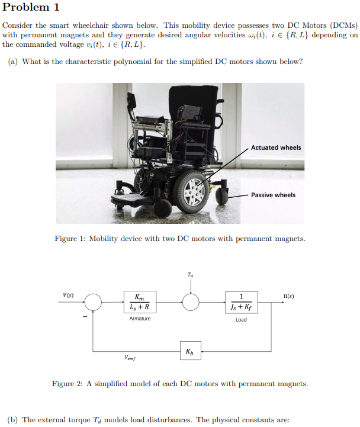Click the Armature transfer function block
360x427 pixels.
point(140,302)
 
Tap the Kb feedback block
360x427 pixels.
point(189,351)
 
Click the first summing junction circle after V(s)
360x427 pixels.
point(92,302)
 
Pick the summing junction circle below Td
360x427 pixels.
point(190,302)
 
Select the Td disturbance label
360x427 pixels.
point(189,275)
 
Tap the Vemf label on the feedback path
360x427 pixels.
point(131,358)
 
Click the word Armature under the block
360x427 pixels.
point(140,319)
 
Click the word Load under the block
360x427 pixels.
point(241,320)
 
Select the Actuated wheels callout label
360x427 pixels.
point(276,147)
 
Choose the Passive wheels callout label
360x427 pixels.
point(273,195)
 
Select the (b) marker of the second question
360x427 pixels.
point(12,420)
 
